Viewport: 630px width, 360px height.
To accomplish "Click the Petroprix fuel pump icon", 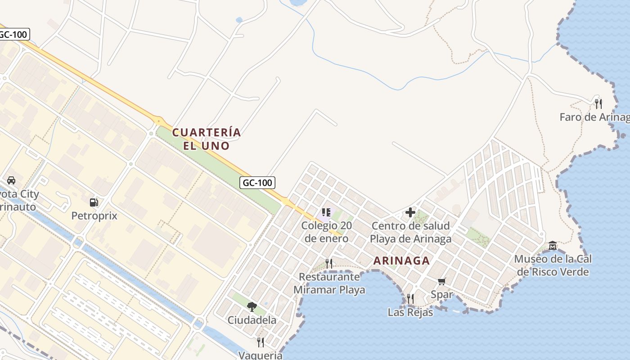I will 94,202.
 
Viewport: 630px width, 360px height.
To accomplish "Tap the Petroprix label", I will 94,216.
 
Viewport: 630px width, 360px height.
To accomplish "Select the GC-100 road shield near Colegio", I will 257,183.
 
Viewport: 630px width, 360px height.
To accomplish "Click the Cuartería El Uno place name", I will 207,139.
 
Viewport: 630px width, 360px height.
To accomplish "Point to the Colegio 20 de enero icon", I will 326,212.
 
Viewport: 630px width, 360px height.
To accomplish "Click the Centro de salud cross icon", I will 410,212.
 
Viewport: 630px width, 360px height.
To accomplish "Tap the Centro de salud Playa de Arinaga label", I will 410,232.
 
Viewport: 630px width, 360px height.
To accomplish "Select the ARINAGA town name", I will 401,261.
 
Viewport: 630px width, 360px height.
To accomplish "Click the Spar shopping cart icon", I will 442,282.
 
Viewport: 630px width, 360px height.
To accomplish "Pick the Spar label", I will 442,295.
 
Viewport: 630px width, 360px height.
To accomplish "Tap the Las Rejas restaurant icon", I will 410,298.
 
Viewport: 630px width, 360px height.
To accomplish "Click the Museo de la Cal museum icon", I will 553,246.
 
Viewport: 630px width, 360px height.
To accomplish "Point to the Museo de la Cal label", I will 553,265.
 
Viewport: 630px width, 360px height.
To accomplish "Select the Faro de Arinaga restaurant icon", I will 598,104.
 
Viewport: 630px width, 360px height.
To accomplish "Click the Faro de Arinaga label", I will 594,117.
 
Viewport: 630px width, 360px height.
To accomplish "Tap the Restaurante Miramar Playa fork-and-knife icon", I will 329,264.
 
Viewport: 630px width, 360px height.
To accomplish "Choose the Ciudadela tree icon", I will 252,307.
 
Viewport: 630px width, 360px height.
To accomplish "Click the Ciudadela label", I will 252,320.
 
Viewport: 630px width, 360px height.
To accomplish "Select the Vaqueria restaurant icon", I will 261,342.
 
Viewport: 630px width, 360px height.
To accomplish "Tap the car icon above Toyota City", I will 11,181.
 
